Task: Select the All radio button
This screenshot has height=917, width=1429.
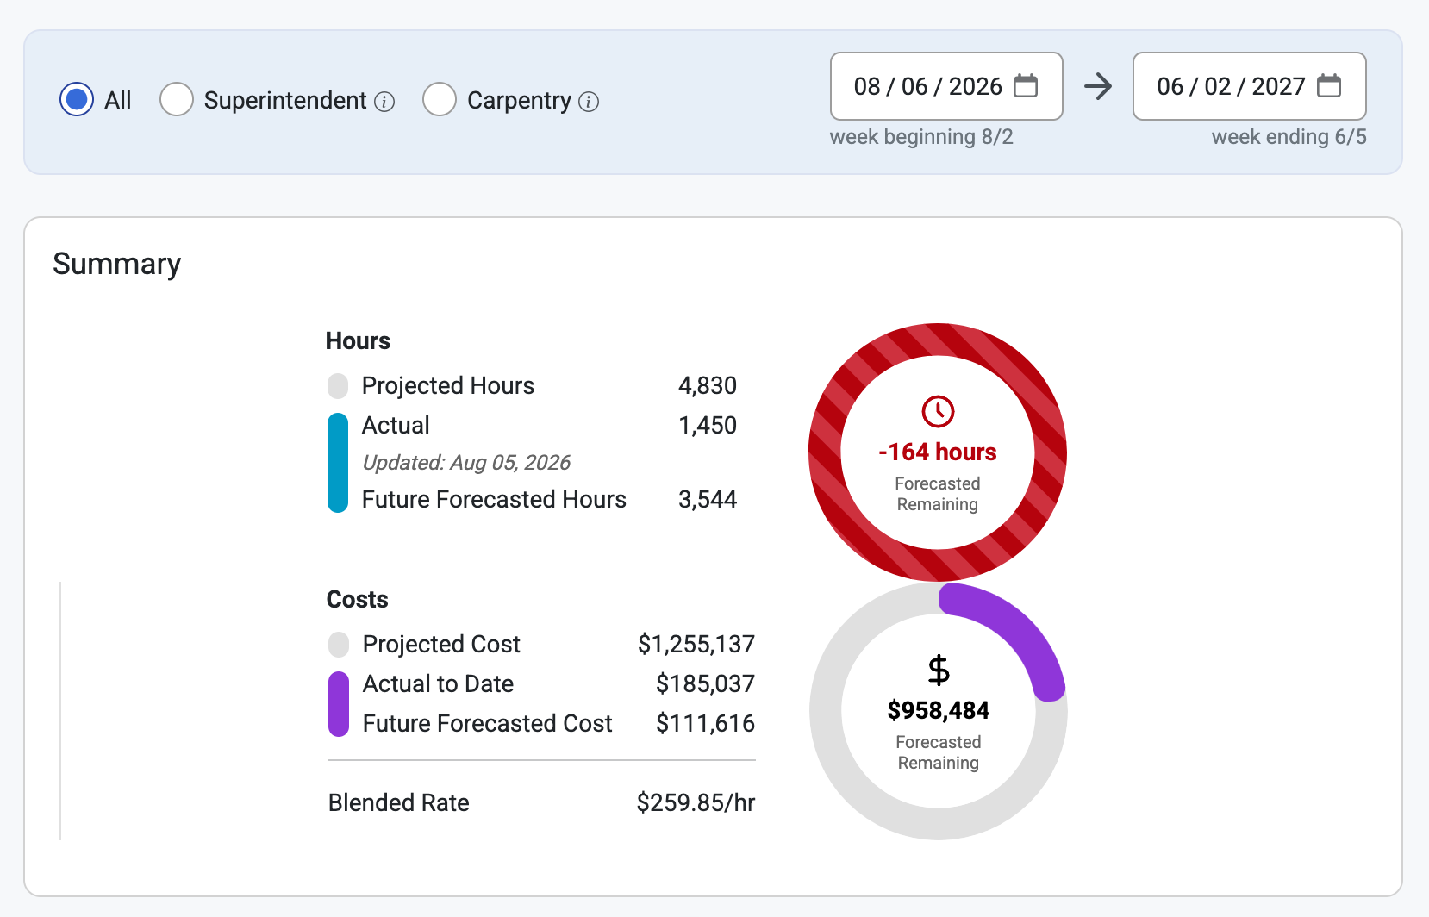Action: click(x=77, y=100)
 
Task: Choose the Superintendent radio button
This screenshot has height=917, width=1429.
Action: click(x=177, y=100)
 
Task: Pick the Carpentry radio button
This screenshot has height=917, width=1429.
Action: click(x=440, y=100)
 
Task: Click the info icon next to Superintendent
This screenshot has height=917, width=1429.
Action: click(x=384, y=102)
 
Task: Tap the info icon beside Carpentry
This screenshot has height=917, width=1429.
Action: click(x=588, y=102)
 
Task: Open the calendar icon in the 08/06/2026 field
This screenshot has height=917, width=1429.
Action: click(x=1026, y=85)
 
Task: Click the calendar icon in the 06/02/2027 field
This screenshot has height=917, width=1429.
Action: click(x=1329, y=85)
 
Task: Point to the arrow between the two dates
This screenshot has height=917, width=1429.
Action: click(x=1098, y=86)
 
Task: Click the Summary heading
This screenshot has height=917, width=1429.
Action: click(x=116, y=264)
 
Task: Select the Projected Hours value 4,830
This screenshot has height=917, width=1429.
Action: click(x=708, y=385)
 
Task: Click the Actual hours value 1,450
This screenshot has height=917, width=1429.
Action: click(x=708, y=425)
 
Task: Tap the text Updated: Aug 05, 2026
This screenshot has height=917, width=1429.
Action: click(x=466, y=462)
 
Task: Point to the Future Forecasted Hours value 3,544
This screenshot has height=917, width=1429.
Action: click(x=708, y=499)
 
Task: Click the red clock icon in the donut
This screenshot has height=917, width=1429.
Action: click(x=938, y=412)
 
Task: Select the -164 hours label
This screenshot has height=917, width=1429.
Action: click(x=937, y=452)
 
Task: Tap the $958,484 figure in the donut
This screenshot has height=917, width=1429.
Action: click(x=939, y=710)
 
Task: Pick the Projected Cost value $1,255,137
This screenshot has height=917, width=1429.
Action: click(x=696, y=644)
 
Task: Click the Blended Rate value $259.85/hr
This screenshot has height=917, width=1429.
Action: click(x=696, y=802)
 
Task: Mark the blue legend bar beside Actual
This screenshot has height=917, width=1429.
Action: click(x=338, y=463)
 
